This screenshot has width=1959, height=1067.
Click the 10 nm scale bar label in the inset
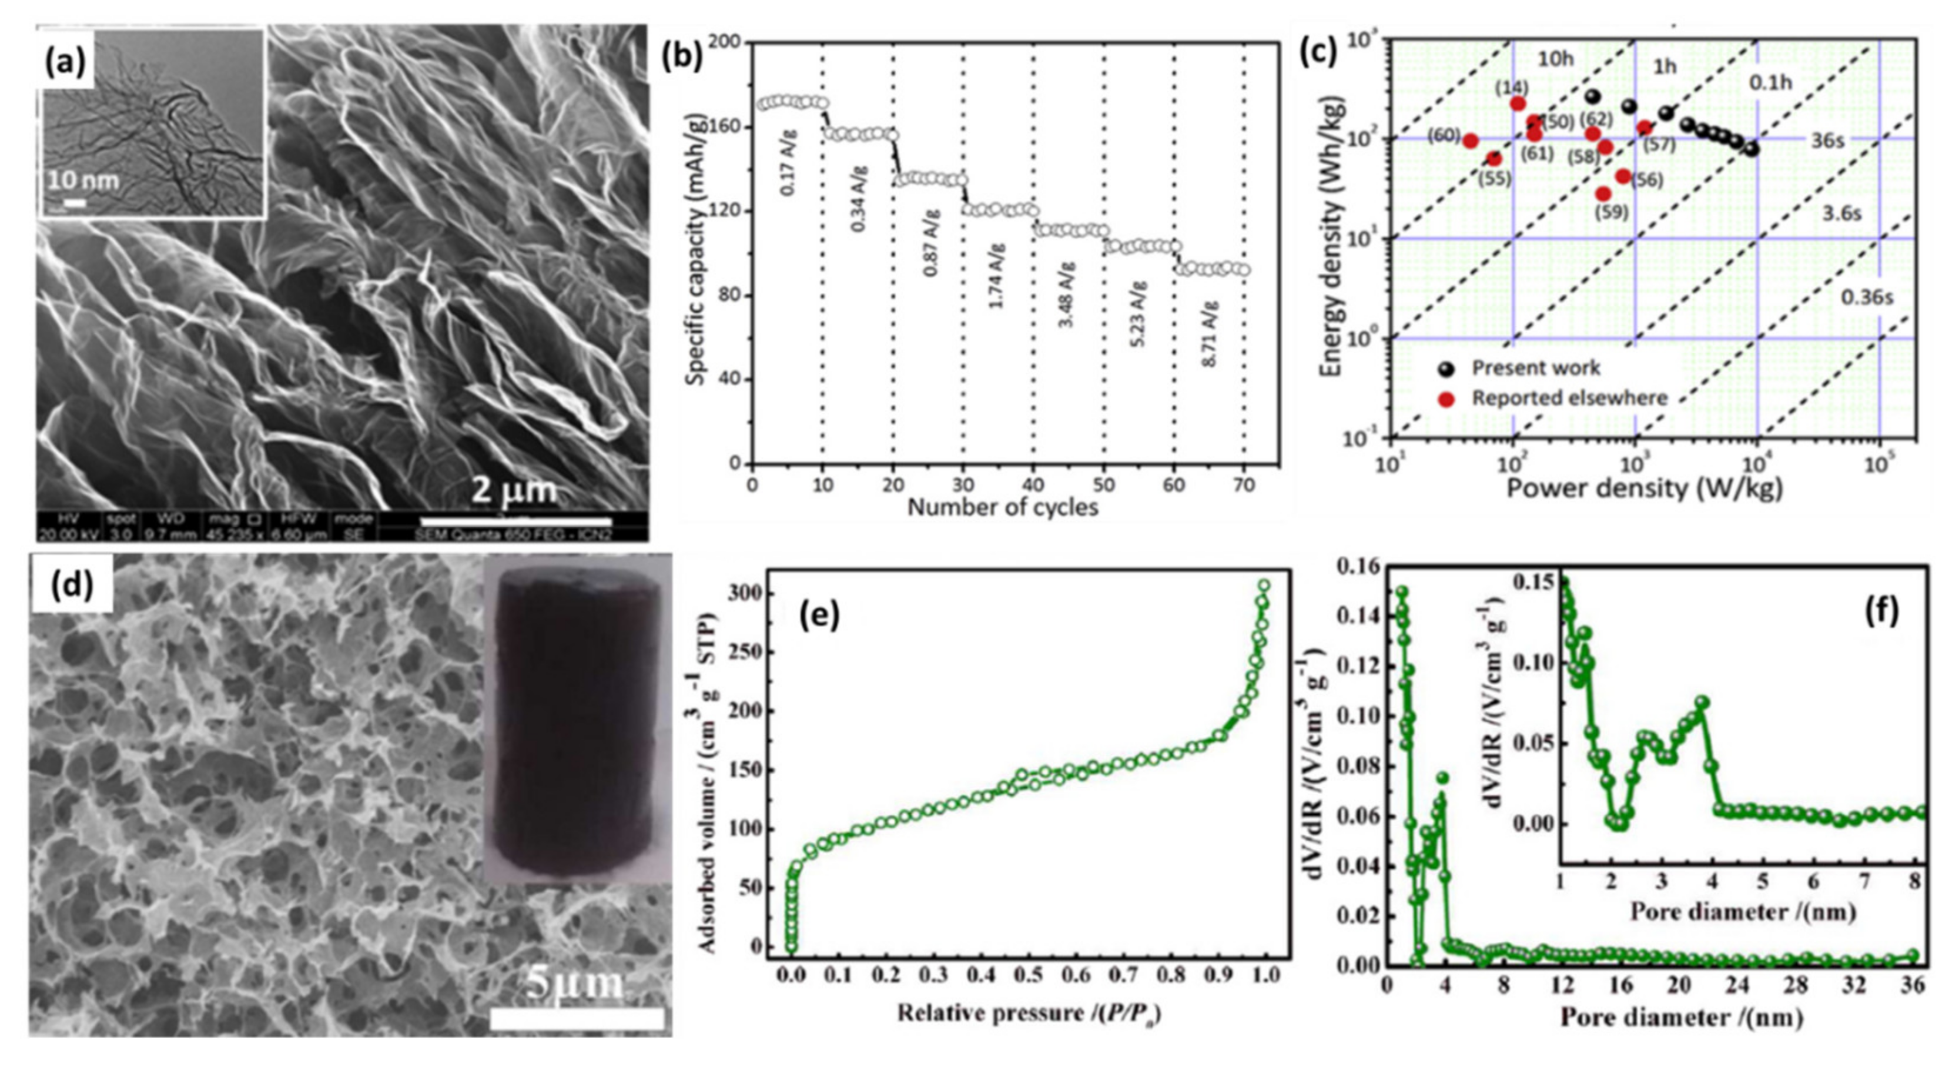(83, 180)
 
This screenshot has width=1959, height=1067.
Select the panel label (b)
(682, 57)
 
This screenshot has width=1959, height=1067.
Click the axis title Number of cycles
(1002, 507)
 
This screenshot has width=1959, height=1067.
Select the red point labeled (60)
(1470, 141)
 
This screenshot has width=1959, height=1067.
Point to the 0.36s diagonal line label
(1866, 297)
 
